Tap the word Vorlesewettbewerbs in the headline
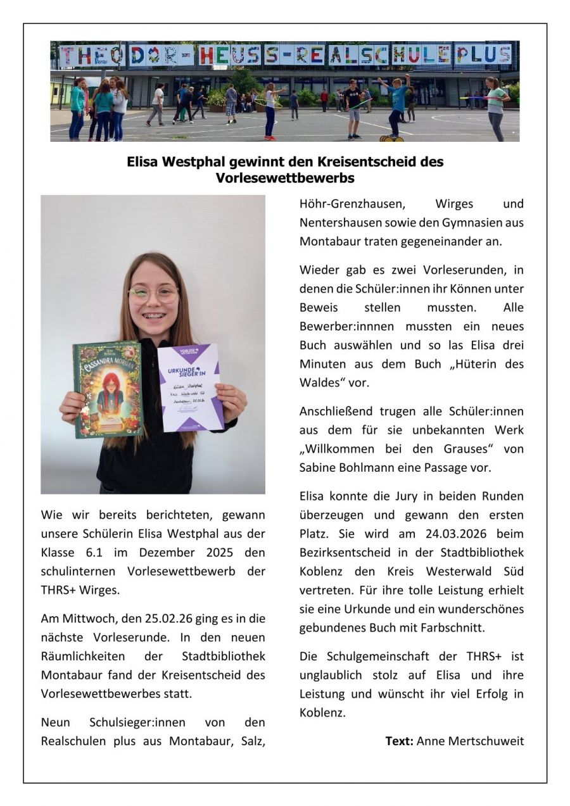click(x=284, y=178)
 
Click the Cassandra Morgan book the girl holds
click(x=108, y=389)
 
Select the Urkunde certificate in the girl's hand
click(x=190, y=387)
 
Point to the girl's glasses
click(x=154, y=294)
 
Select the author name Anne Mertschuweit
click(x=470, y=741)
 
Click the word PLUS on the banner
click(x=484, y=54)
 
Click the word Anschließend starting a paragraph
click(x=339, y=412)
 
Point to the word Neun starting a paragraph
click(x=56, y=722)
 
